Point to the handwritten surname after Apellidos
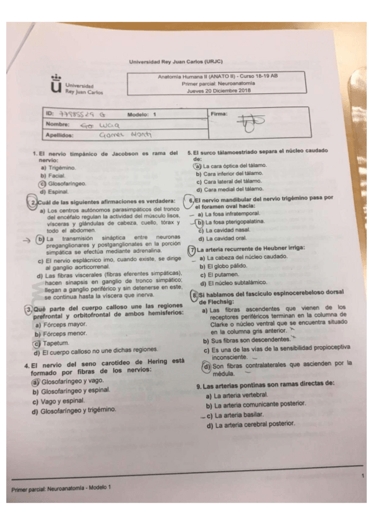click(122, 135)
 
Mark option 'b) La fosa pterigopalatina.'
click(229, 222)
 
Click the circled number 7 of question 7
click(192, 248)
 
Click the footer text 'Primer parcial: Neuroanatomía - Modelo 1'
click(60, 488)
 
